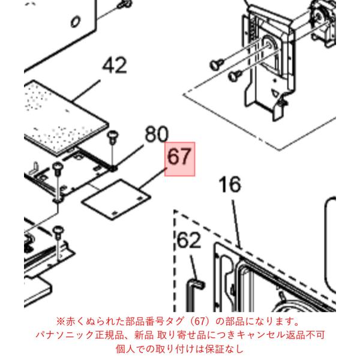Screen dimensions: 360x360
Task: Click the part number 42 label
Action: pos(115,65)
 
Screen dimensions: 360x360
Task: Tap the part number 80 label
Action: pos(157,134)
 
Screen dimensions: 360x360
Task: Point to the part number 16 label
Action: pos(230,184)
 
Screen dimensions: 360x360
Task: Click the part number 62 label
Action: pos(189,241)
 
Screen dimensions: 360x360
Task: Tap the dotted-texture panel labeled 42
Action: pos(65,117)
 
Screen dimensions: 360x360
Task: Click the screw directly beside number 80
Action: pos(112,137)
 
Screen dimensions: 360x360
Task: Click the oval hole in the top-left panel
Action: pos(76,22)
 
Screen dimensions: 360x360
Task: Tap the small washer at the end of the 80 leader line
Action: pos(113,169)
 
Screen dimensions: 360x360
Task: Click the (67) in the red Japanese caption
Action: pos(199,322)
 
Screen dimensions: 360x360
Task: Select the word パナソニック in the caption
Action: pos(65,335)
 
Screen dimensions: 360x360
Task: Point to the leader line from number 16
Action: pos(236,224)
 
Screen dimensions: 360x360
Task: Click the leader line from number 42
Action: pos(86,90)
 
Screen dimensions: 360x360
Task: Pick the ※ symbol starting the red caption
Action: pos(61,322)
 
